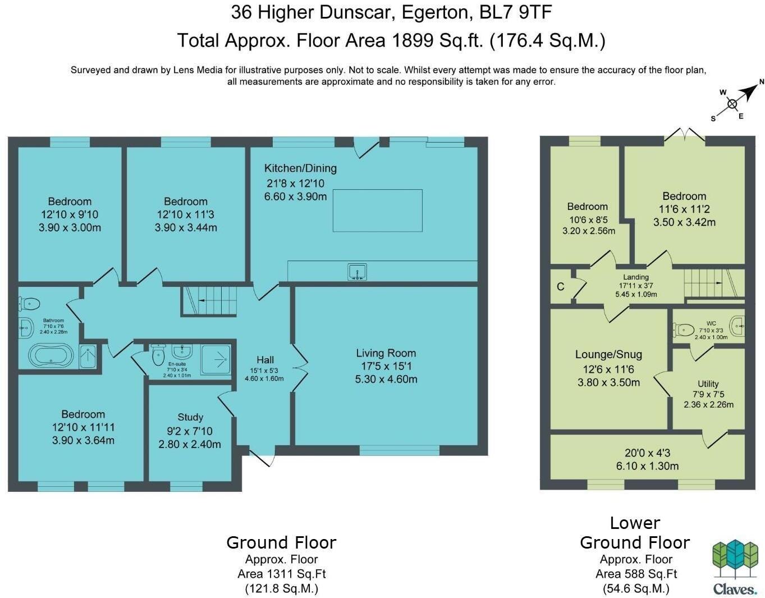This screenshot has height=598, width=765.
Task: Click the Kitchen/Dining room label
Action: pos(300,168)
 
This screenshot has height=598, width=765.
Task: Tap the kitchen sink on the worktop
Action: pos(356,272)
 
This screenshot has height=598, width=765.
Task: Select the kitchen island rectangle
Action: pos(377,211)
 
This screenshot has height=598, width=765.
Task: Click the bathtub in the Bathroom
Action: pos(51,355)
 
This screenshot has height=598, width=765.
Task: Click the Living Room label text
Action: pos(386,353)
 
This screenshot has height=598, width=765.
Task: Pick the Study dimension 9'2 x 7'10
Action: pos(190,431)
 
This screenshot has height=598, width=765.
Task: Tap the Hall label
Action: pos(265,360)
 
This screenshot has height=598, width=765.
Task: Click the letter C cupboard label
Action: pos(560,286)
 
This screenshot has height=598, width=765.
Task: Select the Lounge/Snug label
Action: pos(608,354)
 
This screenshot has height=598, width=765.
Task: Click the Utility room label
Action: pos(708,384)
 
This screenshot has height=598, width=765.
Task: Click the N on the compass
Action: pos(762,82)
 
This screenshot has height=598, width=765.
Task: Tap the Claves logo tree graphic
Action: pos(735,559)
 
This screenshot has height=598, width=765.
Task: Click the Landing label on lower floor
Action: pos(635,277)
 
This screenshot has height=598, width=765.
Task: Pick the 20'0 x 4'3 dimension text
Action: pos(647,453)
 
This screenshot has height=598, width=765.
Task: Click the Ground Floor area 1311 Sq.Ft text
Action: pos(281,574)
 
